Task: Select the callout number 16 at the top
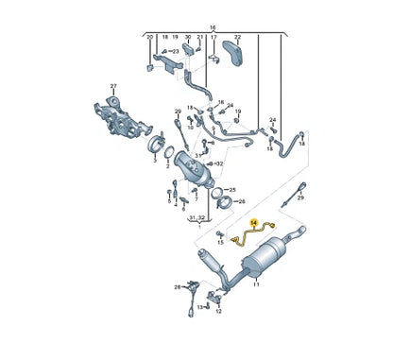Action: click(x=213, y=29)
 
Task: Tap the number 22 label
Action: click(x=237, y=38)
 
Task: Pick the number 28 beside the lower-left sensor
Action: click(x=176, y=286)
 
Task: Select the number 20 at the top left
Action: click(x=149, y=38)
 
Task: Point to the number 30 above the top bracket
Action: click(x=188, y=38)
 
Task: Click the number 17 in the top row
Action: click(x=214, y=38)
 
